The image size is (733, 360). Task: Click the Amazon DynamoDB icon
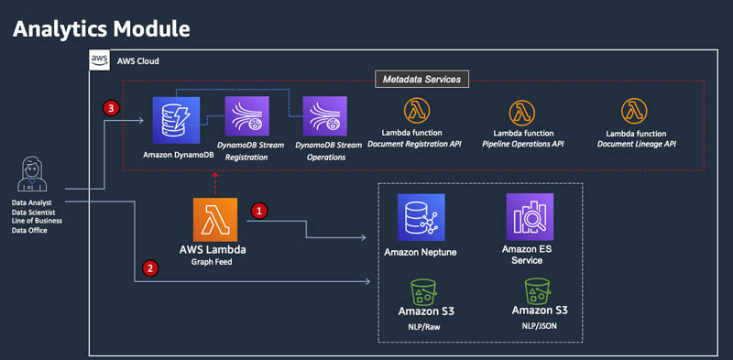176,120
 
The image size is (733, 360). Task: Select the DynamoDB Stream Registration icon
246,116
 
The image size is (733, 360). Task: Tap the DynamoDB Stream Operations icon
325,116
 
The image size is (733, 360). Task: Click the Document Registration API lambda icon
417,111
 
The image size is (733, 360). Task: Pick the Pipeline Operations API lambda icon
521,113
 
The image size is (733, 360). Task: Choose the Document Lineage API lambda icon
634,111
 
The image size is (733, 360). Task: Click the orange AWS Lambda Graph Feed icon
215,220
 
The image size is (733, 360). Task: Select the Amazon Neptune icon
421,217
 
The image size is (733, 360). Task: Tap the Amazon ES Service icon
530,217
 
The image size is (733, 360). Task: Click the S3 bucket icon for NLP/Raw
424,290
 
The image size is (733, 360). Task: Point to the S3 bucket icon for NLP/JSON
537,290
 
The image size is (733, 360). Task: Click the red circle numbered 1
259,211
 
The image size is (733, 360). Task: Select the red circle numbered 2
150,268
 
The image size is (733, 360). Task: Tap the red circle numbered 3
110,109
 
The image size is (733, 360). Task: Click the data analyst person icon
32,174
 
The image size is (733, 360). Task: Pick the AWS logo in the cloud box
100,60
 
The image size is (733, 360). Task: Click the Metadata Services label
421,80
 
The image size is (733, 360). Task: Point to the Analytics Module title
102,29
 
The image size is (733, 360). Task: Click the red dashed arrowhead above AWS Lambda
215,175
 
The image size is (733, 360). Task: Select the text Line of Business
37,221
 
